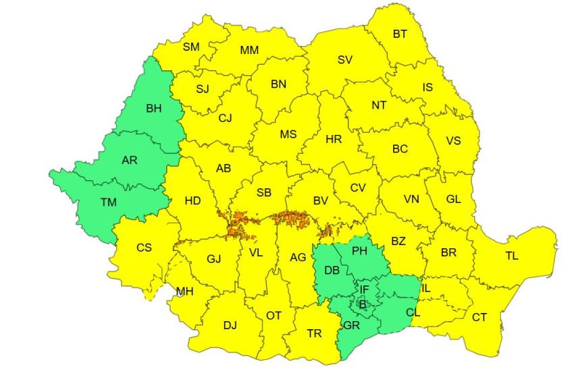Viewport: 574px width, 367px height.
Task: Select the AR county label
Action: pos(129,161)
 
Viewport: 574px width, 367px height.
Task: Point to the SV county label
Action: pos(344,59)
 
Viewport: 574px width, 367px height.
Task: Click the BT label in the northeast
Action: pos(400,33)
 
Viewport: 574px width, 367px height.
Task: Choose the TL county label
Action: pos(512,256)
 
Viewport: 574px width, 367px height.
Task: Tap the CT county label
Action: pos(479,316)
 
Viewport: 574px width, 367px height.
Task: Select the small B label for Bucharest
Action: pos(363,304)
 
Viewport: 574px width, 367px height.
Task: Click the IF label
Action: pos(364,289)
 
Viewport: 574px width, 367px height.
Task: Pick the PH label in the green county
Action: pos(359,251)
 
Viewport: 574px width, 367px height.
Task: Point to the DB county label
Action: pos(332,270)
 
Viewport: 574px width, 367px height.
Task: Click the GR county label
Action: pos(350,324)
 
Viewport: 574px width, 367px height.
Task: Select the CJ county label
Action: pos(225,117)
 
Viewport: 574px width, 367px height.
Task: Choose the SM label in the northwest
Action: pos(191,47)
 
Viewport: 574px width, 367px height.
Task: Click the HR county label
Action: pos(334,140)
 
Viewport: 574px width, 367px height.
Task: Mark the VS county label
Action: pos(454,140)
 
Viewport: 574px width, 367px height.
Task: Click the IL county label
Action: pos(425,288)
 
